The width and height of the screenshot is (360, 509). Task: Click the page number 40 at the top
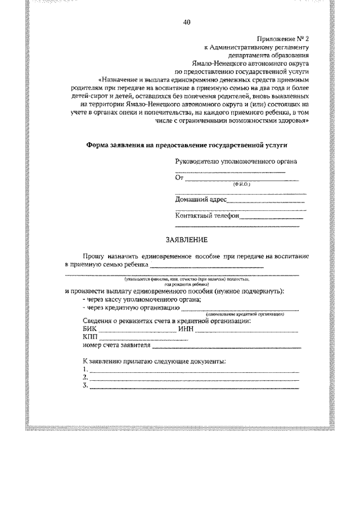[187, 22]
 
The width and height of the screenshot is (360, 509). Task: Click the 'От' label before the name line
[180, 178]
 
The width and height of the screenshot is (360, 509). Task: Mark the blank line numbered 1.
[194, 371]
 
